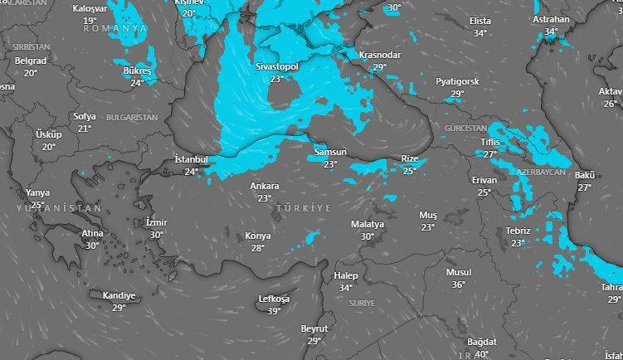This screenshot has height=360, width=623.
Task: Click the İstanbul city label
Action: click(192, 159)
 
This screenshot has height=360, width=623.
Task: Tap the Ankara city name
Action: click(265, 187)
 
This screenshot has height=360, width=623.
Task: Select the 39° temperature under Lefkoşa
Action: click(274, 311)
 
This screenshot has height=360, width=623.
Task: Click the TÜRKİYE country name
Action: click(304, 207)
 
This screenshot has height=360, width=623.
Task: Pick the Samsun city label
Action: click(330, 153)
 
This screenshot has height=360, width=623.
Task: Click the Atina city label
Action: click(92, 233)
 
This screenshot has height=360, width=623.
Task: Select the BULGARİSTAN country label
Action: click(132, 118)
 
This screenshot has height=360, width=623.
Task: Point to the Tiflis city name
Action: click(490, 142)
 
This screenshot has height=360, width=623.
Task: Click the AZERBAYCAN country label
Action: click(540, 172)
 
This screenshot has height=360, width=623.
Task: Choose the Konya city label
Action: click(258, 236)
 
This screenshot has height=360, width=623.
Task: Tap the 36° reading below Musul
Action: click(459, 285)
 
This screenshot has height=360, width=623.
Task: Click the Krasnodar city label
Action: click(380, 55)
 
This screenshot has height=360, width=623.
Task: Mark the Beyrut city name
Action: click(314, 328)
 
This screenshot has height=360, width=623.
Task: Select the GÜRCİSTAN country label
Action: click(465, 129)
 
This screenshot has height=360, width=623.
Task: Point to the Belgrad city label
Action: click(31, 61)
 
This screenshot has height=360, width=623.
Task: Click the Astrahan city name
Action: click(551, 19)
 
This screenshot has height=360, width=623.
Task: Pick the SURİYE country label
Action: click(362, 304)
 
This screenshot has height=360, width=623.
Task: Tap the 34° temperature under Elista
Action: click(480, 33)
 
